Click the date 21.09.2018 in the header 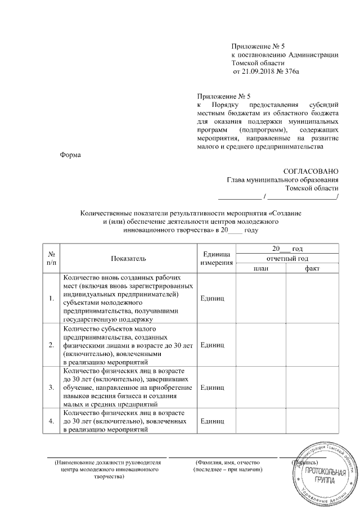pos(258,73)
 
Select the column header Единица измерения pos(217,258)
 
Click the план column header pos(261,268)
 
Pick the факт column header pos(312,268)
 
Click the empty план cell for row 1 pos(261,298)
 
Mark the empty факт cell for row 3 pos(312,388)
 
